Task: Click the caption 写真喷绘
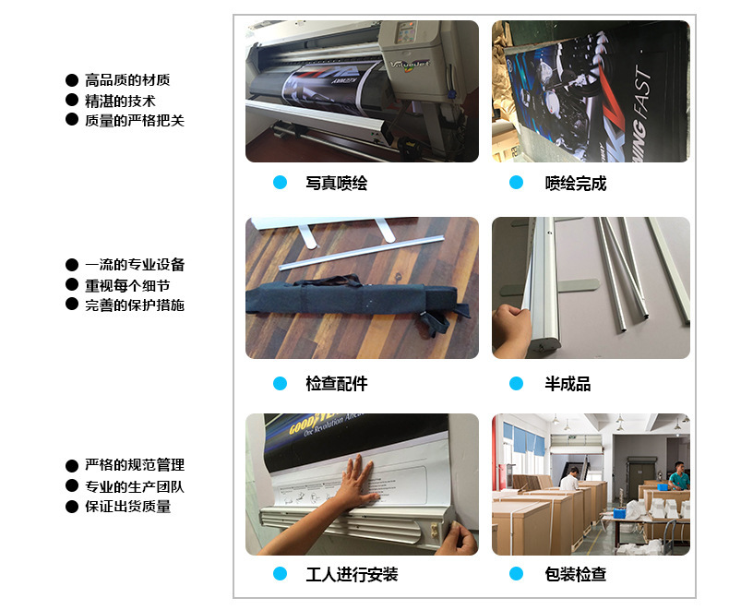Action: tap(336, 184)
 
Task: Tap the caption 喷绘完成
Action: tap(575, 184)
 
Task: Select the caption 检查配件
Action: tap(336, 384)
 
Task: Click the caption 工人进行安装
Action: tap(352, 575)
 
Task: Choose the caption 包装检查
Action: tap(575, 575)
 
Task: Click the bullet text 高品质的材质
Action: tap(127, 81)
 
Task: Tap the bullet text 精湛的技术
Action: tap(120, 101)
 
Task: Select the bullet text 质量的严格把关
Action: tap(135, 120)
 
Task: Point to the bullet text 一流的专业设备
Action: tap(135, 265)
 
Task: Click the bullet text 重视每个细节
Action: tap(127, 285)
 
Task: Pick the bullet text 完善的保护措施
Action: tap(135, 305)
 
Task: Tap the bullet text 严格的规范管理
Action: tap(135, 465)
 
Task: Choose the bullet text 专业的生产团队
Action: tap(135, 486)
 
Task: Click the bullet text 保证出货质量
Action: tap(127, 506)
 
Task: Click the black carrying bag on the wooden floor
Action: tap(351, 300)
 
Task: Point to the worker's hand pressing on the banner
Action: tap(354, 482)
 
